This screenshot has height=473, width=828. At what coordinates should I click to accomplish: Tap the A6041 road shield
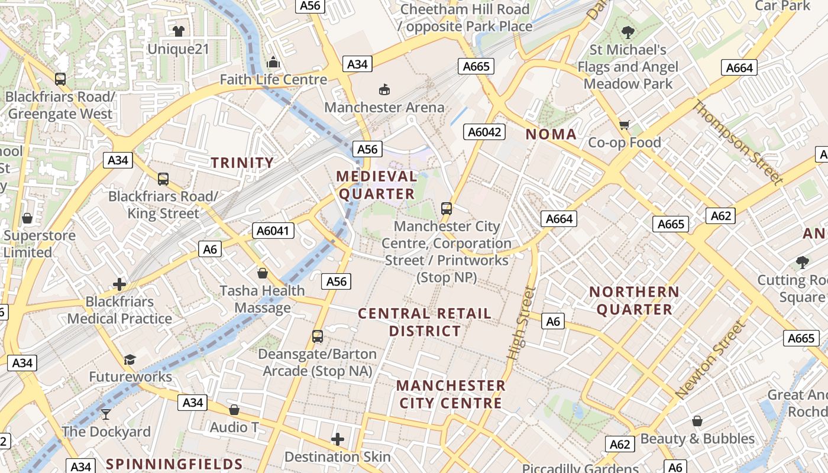click(x=273, y=231)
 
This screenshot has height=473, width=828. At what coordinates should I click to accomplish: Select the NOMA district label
click(x=551, y=134)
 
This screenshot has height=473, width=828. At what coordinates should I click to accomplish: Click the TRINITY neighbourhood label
click(x=242, y=163)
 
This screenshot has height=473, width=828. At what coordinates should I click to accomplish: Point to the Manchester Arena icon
click(x=384, y=89)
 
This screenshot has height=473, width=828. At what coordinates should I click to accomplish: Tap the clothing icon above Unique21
click(x=178, y=31)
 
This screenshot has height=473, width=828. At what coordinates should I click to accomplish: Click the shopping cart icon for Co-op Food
click(x=624, y=125)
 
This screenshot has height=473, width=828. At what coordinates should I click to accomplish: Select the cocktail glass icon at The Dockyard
click(x=106, y=414)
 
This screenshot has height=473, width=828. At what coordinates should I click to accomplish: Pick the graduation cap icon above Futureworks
click(x=130, y=359)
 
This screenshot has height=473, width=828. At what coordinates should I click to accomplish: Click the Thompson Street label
click(x=737, y=142)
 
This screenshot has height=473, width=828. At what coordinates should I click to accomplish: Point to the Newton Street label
click(x=709, y=359)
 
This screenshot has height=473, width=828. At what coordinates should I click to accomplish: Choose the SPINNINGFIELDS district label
click(x=174, y=464)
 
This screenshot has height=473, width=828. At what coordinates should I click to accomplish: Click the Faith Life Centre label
click(x=273, y=80)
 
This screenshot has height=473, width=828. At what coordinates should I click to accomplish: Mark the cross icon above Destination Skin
click(x=338, y=439)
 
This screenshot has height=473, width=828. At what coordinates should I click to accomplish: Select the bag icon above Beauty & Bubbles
click(x=697, y=421)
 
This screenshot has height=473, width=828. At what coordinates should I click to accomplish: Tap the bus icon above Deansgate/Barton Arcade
click(x=318, y=336)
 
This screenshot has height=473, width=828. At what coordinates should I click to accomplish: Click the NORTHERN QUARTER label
click(x=634, y=300)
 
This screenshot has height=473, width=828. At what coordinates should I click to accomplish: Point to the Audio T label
click(x=234, y=427)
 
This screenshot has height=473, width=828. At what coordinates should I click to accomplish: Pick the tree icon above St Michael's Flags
click(x=628, y=32)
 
